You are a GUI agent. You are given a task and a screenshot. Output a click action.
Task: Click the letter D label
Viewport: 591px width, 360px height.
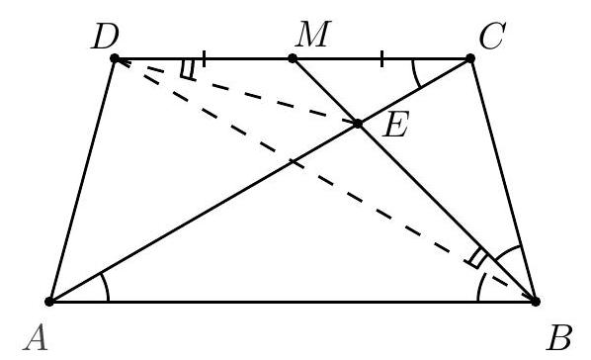coord(105,37)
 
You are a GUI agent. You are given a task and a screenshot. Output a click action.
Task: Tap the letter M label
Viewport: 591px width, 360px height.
coord(313,34)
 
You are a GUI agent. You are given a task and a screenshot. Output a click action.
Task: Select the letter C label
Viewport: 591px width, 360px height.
coord(492,36)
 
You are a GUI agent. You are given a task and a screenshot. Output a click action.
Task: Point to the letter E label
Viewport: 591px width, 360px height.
coord(395,125)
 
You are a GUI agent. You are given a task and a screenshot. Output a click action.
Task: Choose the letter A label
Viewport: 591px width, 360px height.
coord(37,338)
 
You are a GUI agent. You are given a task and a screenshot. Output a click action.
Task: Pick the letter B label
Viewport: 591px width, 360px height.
coord(559,337)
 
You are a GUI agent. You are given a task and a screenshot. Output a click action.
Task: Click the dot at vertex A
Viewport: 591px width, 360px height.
coord(49,302)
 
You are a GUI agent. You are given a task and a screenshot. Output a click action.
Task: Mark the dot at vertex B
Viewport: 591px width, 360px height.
coord(536,301)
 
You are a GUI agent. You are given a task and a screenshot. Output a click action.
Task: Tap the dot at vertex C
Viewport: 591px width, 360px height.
coord(470,58)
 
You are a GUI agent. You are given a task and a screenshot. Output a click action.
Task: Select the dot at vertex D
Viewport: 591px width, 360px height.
coord(115,58)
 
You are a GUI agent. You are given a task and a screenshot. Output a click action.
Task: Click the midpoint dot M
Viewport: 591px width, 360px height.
coord(293,58)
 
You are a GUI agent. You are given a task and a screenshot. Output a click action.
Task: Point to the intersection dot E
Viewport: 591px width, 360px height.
coord(358,124)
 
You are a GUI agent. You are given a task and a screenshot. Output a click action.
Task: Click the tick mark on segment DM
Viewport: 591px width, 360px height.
coord(204,58)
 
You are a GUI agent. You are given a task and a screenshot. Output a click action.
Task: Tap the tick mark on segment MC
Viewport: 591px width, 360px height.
coord(382,58)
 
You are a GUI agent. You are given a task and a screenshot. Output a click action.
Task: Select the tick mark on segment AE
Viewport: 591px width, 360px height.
coord(293,162)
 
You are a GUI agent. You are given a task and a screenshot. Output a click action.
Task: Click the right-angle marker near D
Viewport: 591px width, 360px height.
coord(189,70)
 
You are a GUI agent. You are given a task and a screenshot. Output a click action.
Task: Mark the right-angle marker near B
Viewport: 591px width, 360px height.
coord(477,259)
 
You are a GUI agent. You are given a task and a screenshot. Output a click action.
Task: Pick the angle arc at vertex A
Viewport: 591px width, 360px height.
coord(106,287)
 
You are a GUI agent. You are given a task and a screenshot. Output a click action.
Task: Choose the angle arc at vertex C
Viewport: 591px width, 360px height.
coord(415,75)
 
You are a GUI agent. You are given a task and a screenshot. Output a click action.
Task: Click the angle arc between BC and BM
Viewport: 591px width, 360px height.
coord(507,250)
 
